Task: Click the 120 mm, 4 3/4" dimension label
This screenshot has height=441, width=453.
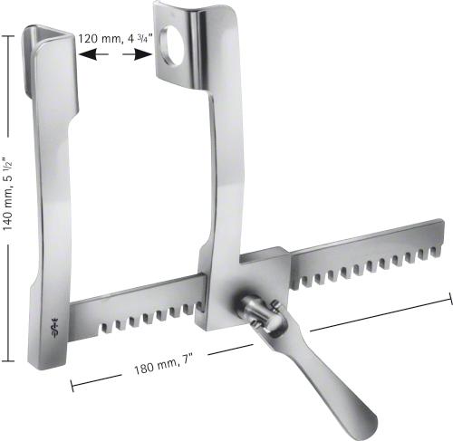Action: click(115, 40)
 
